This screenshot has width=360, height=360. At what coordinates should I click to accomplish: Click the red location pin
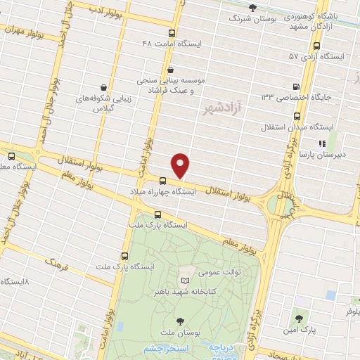181,166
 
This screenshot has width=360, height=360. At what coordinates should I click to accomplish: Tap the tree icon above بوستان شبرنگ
253,8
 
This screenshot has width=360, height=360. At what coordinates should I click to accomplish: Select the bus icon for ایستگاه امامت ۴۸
172,32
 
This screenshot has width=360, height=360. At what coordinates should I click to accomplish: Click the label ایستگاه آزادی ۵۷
321,56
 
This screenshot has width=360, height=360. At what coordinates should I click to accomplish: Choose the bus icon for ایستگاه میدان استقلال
297,116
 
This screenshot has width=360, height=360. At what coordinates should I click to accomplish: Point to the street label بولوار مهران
26,32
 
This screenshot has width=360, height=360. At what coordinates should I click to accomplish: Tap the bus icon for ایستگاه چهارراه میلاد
163,181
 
